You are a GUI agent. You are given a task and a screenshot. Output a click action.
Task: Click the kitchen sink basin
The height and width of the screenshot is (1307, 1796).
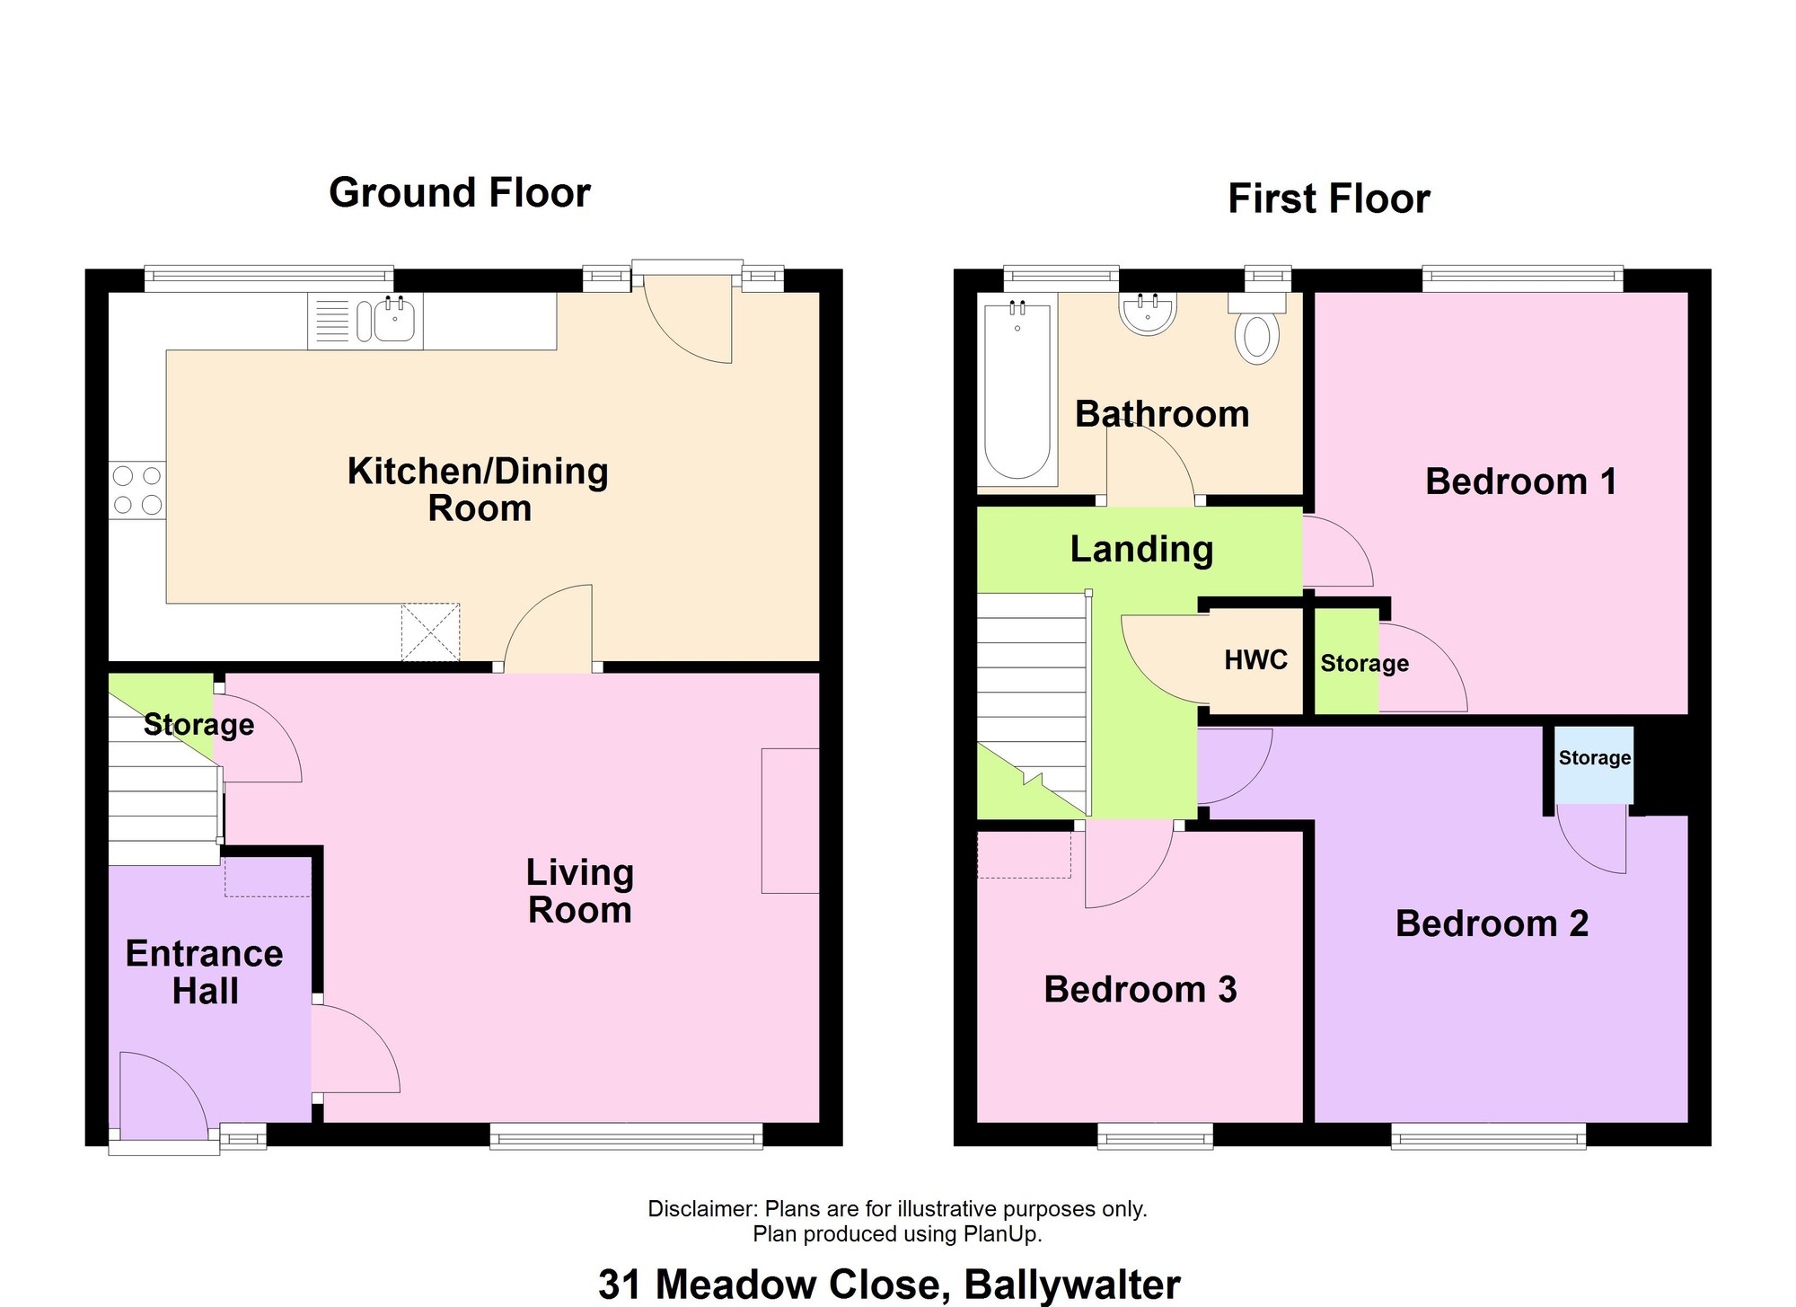[x=394, y=321]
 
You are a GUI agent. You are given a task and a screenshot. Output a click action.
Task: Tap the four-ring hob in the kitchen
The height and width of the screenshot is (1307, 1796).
[x=137, y=490]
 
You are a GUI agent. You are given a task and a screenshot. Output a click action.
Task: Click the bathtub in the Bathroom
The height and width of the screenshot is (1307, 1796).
[x=1017, y=392]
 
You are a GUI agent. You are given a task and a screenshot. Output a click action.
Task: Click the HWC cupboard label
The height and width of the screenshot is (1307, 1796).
[x=1255, y=660]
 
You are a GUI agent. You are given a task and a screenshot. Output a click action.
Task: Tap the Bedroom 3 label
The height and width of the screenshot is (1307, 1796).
[x=1140, y=989]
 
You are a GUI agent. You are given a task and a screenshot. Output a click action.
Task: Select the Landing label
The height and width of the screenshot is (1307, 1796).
[x=1141, y=549]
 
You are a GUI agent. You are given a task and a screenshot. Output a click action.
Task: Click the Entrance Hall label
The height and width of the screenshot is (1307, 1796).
[x=205, y=972]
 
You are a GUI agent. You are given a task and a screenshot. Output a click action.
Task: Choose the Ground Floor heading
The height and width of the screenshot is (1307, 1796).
[x=460, y=192]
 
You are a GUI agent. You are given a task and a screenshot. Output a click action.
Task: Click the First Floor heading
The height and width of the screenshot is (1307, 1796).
[x=1329, y=199]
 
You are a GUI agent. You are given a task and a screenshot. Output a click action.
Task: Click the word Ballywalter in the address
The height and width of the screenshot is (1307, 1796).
[x=1072, y=1285]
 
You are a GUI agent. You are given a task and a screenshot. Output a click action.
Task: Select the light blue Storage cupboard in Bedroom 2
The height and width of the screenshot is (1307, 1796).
[x=1594, y=764]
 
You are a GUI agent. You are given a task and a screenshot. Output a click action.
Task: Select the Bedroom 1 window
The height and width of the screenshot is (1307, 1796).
[x=1522, y=278]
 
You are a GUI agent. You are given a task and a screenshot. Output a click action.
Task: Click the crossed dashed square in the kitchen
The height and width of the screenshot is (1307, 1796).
[x=430, y=632]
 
